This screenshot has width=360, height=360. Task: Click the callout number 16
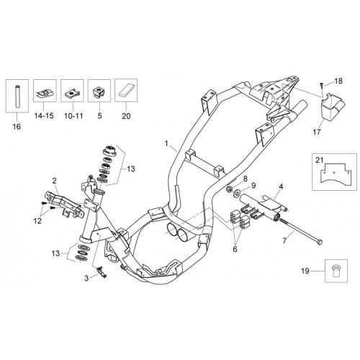[17, 127]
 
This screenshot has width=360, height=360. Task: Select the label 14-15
[44, 116]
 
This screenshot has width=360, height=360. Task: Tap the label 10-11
[73, 116]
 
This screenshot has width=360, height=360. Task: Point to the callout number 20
[126, 116]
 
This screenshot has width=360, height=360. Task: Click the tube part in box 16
[17, 96]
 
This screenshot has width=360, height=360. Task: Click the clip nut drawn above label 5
[99, 92]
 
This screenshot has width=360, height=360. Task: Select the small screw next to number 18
[322, 84]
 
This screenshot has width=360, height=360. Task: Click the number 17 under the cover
[317, 132]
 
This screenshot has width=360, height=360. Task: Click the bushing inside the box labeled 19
[336, 271]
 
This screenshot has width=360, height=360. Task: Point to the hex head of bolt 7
[320, 242]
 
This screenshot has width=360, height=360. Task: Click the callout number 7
[284, 240]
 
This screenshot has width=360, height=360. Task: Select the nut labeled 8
[230, 189]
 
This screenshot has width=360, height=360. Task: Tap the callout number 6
[235, 249]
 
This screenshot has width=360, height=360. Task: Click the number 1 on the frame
[166, 144]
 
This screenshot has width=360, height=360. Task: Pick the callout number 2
[55, 181]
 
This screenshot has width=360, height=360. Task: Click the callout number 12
[37, 221]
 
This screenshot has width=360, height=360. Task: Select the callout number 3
[86, 278]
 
